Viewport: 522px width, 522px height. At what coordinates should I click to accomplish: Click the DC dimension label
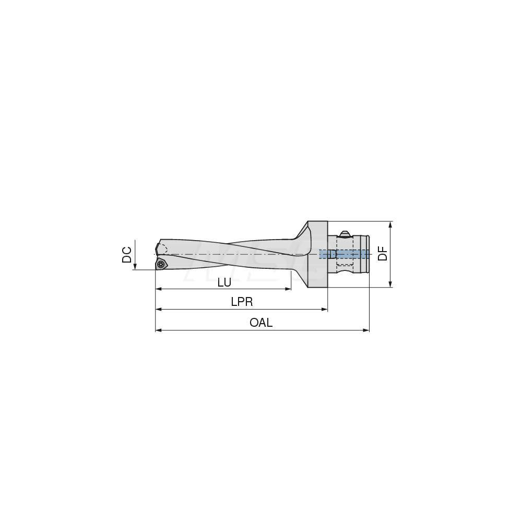tap(127, 255)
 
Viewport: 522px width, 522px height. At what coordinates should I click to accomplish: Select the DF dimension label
tap(383, 254)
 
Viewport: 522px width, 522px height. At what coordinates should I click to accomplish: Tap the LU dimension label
tap(224, 282)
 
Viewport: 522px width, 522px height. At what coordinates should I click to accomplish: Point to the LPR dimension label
tap(242, 302)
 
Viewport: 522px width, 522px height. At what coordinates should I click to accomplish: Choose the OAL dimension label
tap(261, 323)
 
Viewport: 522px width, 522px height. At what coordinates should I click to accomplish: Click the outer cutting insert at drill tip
tap(161, 264)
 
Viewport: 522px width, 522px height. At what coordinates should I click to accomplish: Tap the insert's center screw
tap(161, 265)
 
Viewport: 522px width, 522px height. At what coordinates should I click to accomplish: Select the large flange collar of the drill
tap(317, 254)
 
